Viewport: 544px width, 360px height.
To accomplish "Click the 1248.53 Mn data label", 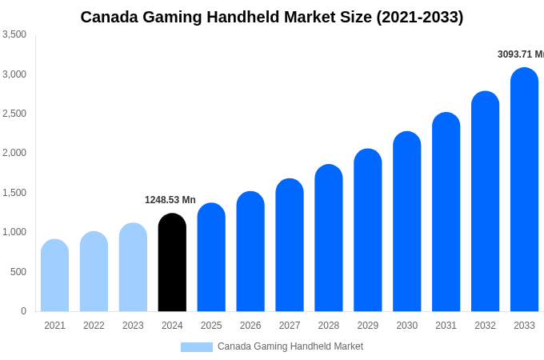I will click(170, 200).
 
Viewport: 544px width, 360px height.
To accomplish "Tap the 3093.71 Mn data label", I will click(520, 54).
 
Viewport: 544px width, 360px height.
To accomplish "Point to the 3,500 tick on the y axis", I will click(14, 34).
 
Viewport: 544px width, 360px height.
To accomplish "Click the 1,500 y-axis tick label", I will click(14, 193).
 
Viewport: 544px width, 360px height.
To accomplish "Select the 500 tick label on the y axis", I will click(18, 272).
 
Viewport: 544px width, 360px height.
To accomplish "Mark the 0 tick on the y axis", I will click(23, 311).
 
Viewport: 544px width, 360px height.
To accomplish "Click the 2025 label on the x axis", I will click(211, 326).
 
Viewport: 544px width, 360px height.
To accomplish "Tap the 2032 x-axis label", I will click(485, 326).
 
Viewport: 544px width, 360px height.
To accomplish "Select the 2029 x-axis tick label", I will click(367, 326).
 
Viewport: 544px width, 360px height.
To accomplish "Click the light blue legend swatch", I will click(197, 347).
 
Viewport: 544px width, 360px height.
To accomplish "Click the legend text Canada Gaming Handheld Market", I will click(290, 346).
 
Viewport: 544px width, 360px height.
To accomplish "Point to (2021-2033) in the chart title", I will click(419, 17).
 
